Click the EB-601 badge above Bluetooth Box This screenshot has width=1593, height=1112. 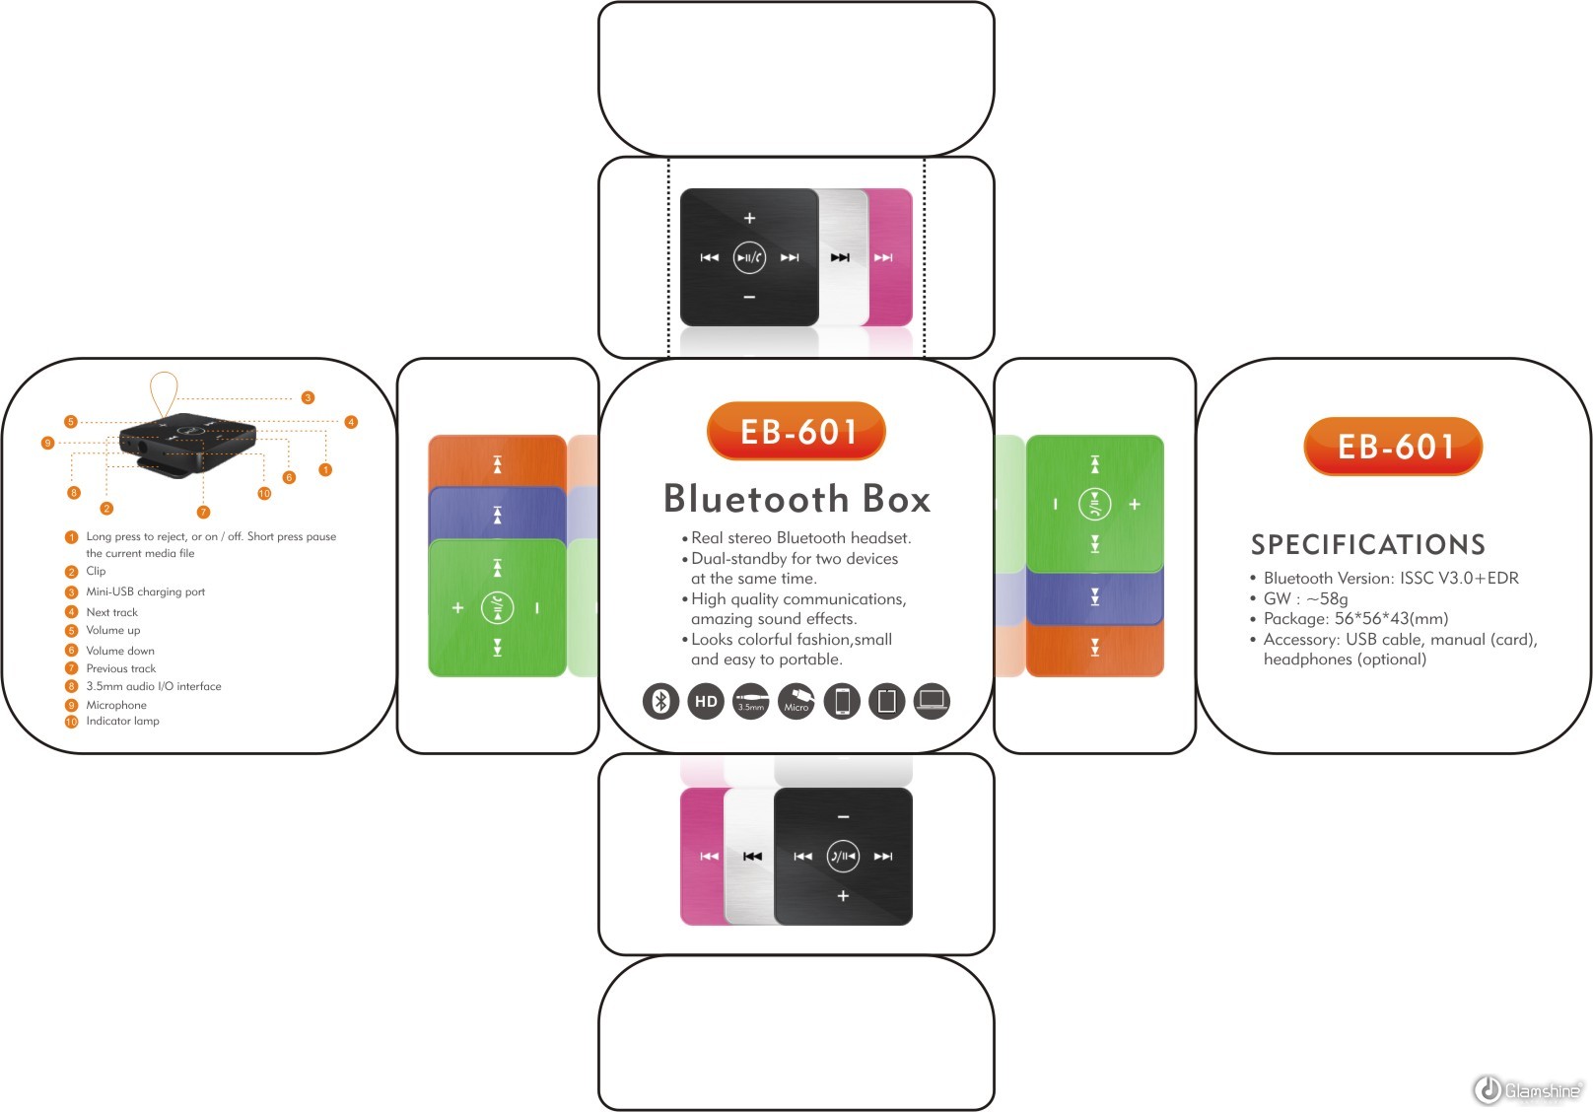796,431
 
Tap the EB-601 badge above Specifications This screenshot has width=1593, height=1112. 1393,447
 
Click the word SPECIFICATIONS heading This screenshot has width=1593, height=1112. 1367,544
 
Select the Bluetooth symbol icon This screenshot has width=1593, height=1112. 661,701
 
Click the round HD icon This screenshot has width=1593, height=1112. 706,701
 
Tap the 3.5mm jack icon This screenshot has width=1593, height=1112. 751,701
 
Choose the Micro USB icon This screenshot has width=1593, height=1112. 796,701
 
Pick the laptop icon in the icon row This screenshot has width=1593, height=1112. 932,701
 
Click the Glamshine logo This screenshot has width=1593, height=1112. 1529,1089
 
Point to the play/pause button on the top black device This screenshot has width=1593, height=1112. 749,258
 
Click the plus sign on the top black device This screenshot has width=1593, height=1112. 749,218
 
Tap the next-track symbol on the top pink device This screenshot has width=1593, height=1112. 883,258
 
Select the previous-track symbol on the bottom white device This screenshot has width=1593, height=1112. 752,857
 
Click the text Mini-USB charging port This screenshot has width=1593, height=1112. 145,591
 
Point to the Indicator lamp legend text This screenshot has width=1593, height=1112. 122,721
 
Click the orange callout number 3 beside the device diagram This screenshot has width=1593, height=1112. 308,397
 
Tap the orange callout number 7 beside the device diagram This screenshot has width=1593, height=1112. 203,512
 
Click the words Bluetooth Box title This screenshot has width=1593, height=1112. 796,499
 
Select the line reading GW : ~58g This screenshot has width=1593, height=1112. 1305,598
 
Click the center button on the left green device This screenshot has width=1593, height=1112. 497,608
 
